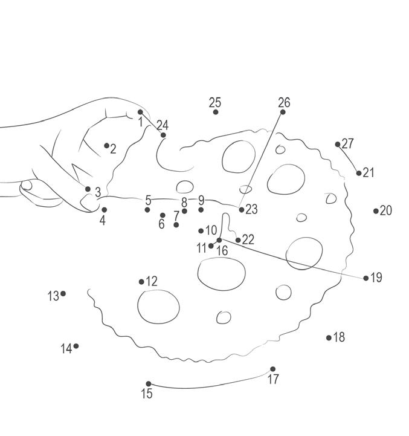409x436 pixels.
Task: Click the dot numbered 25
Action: tap(216, 112)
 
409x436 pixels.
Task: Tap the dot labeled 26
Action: tap(283, 112)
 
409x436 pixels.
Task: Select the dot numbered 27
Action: tap(338, 145)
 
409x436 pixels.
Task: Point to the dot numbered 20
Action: tap(376, 211)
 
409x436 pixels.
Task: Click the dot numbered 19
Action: tap(366, 278)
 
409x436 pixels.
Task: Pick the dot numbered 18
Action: tap(329, 337)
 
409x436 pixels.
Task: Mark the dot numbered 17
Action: tap(272, 369)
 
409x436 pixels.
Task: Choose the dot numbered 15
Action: tap(149, 384)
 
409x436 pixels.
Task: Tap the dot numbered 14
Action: tap(76, 346)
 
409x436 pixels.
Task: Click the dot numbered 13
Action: tap(63, 294)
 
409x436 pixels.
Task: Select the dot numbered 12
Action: tap(141, 282)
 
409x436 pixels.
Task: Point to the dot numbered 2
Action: tap(106, 145)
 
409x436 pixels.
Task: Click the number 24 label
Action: tap(163, 125)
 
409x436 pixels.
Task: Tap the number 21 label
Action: tap(369, 172)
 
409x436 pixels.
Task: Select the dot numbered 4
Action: tap(104, 210)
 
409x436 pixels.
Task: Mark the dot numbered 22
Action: tap(238, 240)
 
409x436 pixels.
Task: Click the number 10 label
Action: tap(211, 230)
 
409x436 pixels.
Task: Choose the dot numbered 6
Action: tap(163, 215)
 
